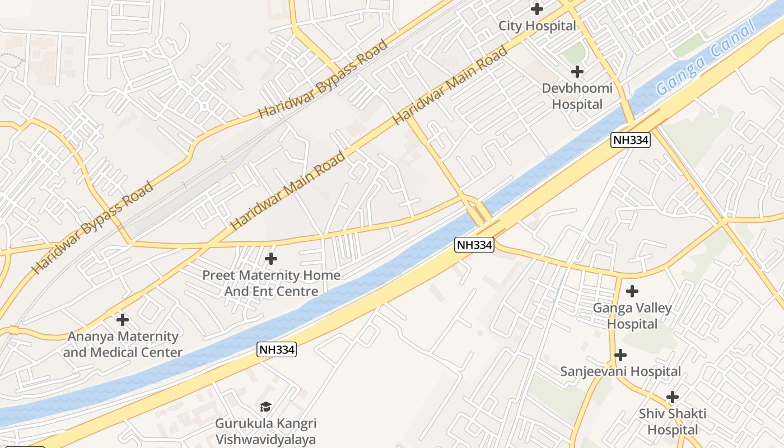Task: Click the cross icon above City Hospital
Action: [x=537, y=9]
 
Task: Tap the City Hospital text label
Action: [x=537, y=26]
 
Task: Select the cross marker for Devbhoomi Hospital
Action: [x=577, y=72]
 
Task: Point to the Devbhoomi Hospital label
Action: [x=577, y=96]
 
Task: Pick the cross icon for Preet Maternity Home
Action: [x=271, y=259]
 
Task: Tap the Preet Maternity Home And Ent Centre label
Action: [x=271, y=283]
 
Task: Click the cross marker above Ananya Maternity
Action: [x=122, y=320]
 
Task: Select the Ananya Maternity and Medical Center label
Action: [x=123, y=344]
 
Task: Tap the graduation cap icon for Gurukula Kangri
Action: [x=266, y=407]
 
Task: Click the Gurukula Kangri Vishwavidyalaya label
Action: [x=266, y=431]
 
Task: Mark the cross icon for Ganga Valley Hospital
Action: [x=632, y=291]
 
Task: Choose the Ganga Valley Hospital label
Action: [x=632, y=316]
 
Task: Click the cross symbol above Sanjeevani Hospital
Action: [x=620, y=355]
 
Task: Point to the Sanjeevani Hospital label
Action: [x=620, y=372]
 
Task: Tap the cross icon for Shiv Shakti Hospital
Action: [x=673, y=397]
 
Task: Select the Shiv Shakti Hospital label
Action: [x=673, y=422]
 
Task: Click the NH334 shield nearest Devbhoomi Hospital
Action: [x=631, y=140]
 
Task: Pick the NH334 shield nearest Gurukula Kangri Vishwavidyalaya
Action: [x=277, y=350]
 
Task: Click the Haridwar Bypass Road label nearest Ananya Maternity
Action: [x=92, y=228]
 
